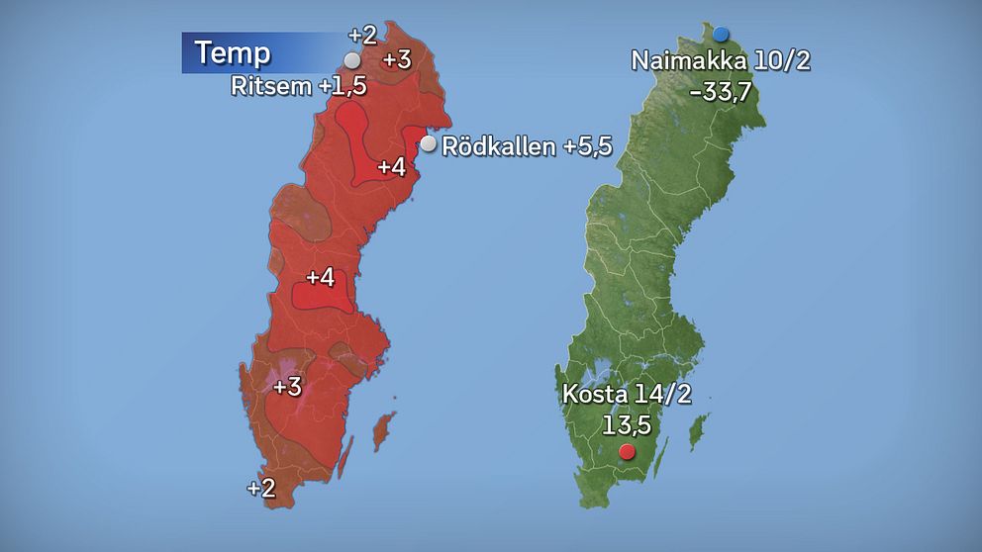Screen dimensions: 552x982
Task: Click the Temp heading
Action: click(x=233, y=52)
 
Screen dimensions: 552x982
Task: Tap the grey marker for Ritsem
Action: click(x=352, y=60)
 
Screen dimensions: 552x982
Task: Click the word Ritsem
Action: click(x=271, y=86)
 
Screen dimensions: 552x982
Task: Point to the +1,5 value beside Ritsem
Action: click(x=343, y=86)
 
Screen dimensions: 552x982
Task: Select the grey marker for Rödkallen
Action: click(x=428, y=144)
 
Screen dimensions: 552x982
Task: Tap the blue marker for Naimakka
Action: click(x=721, y=35)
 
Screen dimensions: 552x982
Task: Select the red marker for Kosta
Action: click(x=627, y=453)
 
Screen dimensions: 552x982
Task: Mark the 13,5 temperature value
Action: click(x=627, y=424)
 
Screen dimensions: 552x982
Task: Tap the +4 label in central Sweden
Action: click(x=320, y=278)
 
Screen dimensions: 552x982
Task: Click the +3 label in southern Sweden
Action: click(x=287, y=387)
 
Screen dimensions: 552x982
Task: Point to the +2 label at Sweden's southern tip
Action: click(x=261, y=487)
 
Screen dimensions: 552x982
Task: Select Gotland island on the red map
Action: click(x=382, y=432)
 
